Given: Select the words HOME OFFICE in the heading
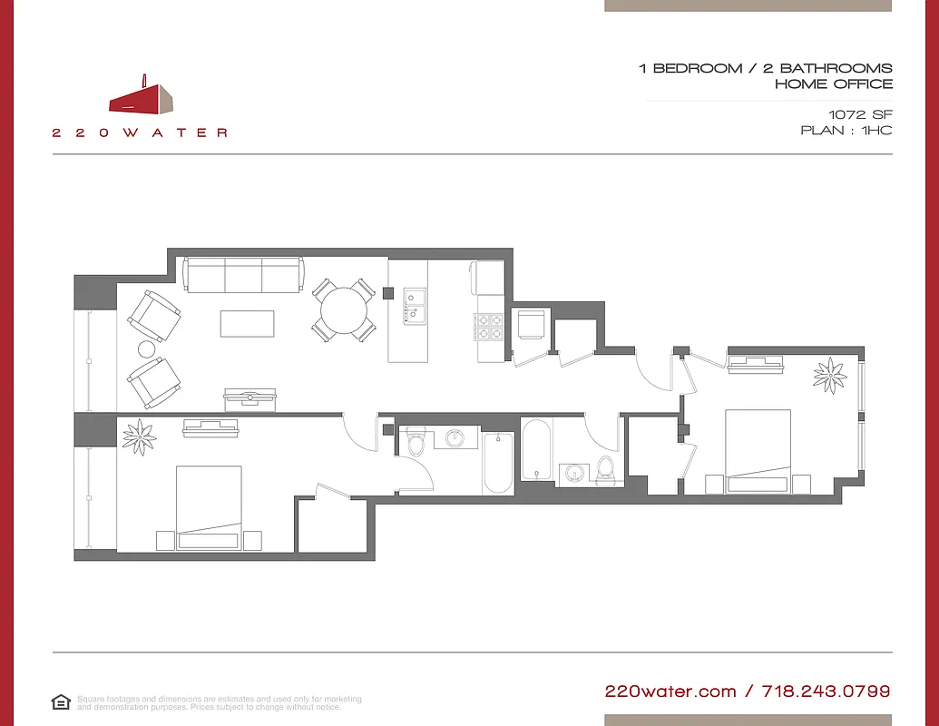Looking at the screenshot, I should (x=833, y=84).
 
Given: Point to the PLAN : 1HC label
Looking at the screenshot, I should (x=846, y=131).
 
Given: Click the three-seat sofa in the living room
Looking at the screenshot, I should (x=243, y=275).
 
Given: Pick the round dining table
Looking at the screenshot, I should (x=344, y=310).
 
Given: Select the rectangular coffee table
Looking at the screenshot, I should (x=247, y=324).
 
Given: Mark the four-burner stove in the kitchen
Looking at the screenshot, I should (x=490, y=327).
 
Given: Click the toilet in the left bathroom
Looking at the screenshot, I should (x=416, y=443).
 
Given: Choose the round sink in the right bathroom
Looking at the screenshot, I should (x=573, y=473).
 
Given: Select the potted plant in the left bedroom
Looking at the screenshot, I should (x=140, y=437).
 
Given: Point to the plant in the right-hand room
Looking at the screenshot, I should (x=829, y=375).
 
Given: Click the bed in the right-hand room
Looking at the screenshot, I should (x=758, y=451).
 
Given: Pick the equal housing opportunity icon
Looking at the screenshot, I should (x=61, y=702).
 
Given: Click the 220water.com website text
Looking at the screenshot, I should (x=670, y=692).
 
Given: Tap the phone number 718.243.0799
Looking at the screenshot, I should (x=825, y=692).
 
